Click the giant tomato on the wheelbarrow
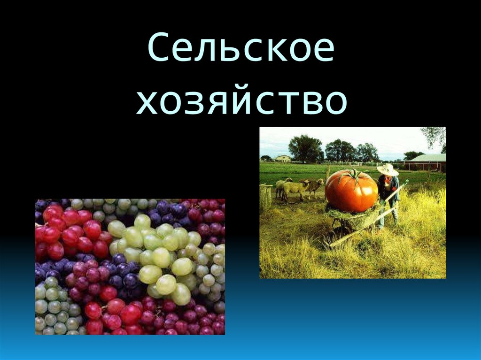351,191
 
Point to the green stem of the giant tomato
353,175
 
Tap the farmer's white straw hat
388,169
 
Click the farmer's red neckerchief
388,180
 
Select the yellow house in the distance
283,158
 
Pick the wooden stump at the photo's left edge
266,197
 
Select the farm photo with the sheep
352,202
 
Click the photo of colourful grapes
130,267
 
